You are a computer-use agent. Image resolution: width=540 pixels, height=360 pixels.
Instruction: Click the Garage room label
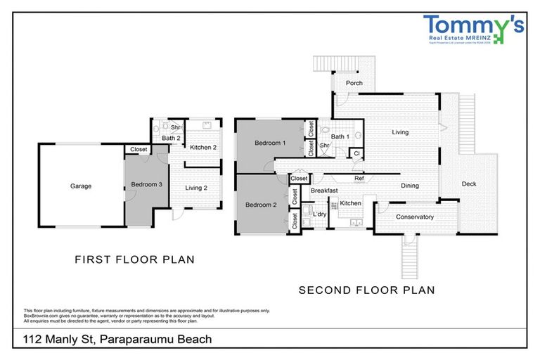click(81, 186)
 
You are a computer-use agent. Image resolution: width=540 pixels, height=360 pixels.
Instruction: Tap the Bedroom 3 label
click(146, 186)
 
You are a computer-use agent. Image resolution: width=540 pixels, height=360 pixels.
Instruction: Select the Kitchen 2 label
click(202, 147)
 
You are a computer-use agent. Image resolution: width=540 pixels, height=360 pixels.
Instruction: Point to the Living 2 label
click(197, 188)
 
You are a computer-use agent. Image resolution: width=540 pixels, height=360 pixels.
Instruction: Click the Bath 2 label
click(172, 138)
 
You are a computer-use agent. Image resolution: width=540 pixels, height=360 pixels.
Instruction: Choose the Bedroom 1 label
click(270, 143)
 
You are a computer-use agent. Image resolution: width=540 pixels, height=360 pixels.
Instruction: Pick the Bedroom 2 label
click(260, 205)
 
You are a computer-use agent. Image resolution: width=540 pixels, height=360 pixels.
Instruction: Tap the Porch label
click(354, 83)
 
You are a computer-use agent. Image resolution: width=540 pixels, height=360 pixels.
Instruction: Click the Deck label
click(469, 184)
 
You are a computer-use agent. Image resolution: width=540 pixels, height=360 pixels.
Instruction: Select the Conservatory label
click(414, 217)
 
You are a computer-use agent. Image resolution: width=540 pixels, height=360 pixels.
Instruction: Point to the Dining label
click(410, 186)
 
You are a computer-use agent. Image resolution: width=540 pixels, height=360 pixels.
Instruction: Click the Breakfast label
click(325, 191)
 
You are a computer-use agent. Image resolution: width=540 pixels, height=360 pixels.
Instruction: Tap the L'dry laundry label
click(319, 214)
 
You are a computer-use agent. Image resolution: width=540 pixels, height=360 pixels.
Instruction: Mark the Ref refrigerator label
click(359, 179)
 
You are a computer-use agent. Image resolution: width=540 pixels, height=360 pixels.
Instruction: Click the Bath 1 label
click(340, 136)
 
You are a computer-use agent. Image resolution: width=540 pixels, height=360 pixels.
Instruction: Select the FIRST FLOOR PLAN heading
click(134, 259)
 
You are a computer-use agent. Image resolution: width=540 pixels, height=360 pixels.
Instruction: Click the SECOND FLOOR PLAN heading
click(366, 290)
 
